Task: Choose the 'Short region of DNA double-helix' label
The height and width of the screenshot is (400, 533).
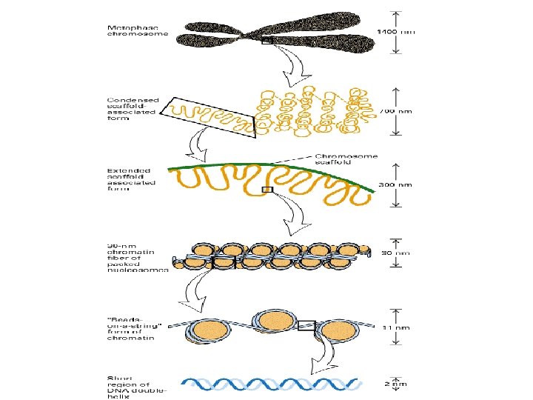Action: point(137,387)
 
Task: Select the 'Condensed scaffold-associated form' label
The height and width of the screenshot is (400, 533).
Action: point(133,109)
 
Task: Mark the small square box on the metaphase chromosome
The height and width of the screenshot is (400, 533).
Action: point(266,41)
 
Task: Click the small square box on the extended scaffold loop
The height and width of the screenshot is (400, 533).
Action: point(268,190)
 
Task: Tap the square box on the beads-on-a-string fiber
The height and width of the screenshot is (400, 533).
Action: point(306,325)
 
